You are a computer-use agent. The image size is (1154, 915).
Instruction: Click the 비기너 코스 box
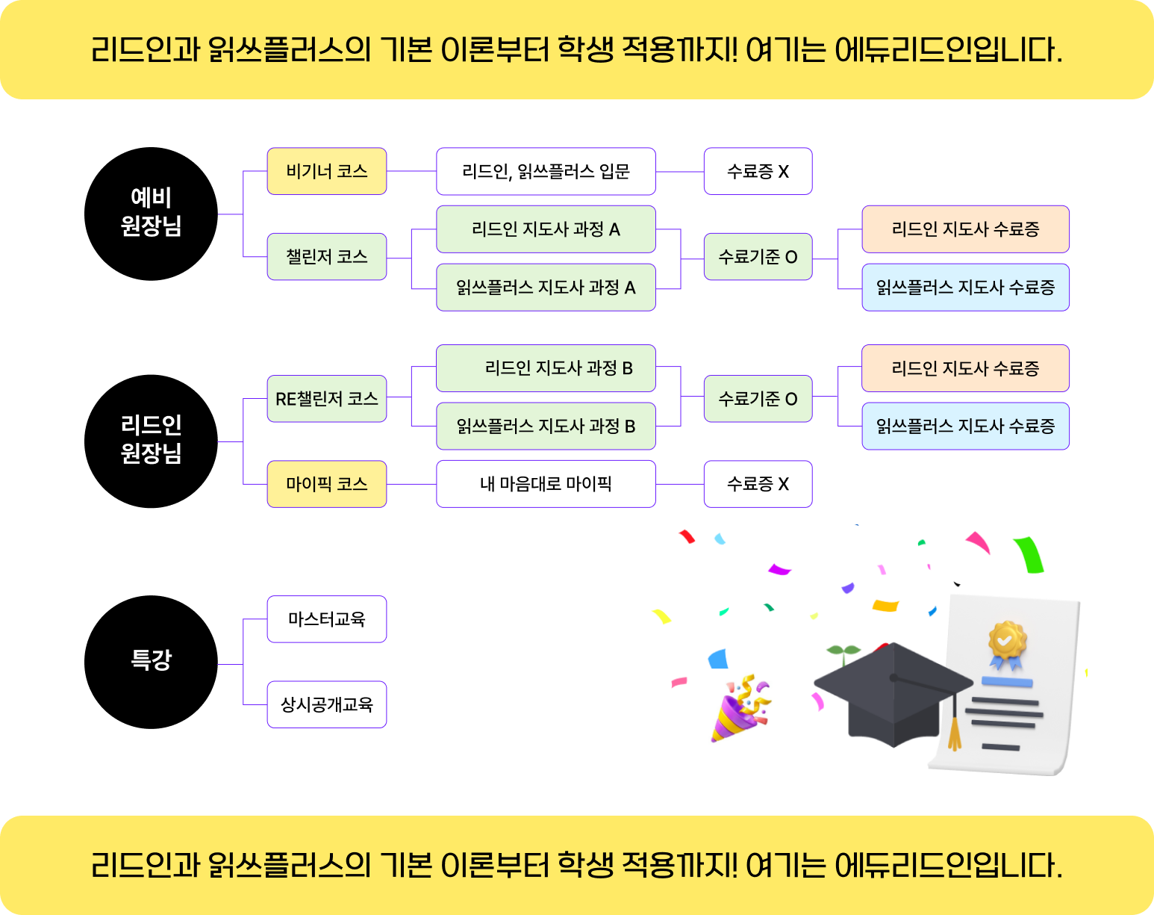(326, 172)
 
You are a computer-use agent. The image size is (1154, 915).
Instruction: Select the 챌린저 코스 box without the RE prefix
(326, 257)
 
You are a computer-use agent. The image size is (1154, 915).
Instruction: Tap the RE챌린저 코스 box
(326, 399)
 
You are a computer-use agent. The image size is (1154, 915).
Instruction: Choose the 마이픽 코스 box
(326, 484)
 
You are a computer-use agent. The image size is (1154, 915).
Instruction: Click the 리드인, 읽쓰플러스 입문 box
(546, 172)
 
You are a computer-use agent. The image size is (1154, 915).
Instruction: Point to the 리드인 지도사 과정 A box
(546, 229)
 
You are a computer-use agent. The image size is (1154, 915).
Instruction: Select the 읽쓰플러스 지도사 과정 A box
(546, 288)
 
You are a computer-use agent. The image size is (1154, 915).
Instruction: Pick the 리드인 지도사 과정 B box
(546, 368)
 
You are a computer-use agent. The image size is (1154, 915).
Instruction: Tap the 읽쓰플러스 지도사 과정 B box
(546, 427)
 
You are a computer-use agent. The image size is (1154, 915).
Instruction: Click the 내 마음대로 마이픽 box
(546, 484)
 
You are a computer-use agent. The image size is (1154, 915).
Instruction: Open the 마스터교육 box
(326, 619)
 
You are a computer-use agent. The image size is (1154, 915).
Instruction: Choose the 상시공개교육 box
(326, 704)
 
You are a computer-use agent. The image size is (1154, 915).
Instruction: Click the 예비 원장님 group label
(152, 212)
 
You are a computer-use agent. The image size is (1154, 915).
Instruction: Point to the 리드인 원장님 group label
(152, 439)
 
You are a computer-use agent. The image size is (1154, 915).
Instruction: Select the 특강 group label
(152, 660)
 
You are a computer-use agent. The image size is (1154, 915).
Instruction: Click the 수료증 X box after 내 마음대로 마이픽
(758, 484)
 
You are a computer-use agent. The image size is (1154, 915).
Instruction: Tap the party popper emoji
(746, 709)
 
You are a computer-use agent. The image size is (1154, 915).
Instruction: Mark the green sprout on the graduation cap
(843, 653)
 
